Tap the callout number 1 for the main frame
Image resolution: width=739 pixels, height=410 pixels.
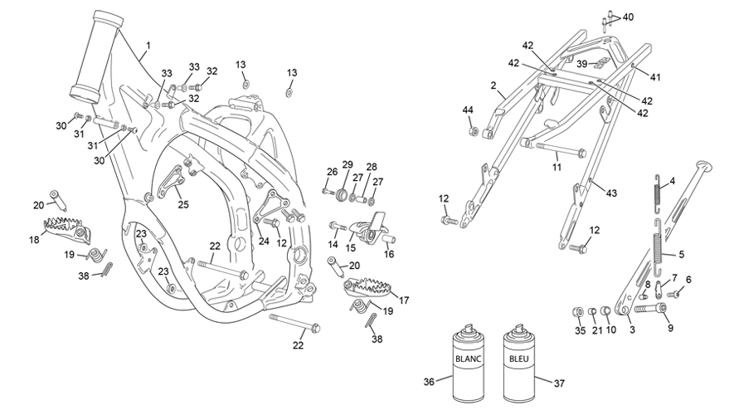click(x=148, y=46)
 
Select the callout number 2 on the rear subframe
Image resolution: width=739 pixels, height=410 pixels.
click(x=493, y=85)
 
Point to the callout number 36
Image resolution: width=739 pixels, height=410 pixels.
click(x=429, y=382)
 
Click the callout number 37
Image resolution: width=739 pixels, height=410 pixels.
click(x=559, y=383)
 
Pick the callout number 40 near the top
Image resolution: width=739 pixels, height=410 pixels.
click(x=628, y=17)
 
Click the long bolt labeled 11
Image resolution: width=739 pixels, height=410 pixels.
click(x=561, y=150)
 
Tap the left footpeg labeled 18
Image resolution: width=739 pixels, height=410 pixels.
click(x=67, y=230)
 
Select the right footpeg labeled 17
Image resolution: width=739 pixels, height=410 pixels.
click(x=368, y=288)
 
